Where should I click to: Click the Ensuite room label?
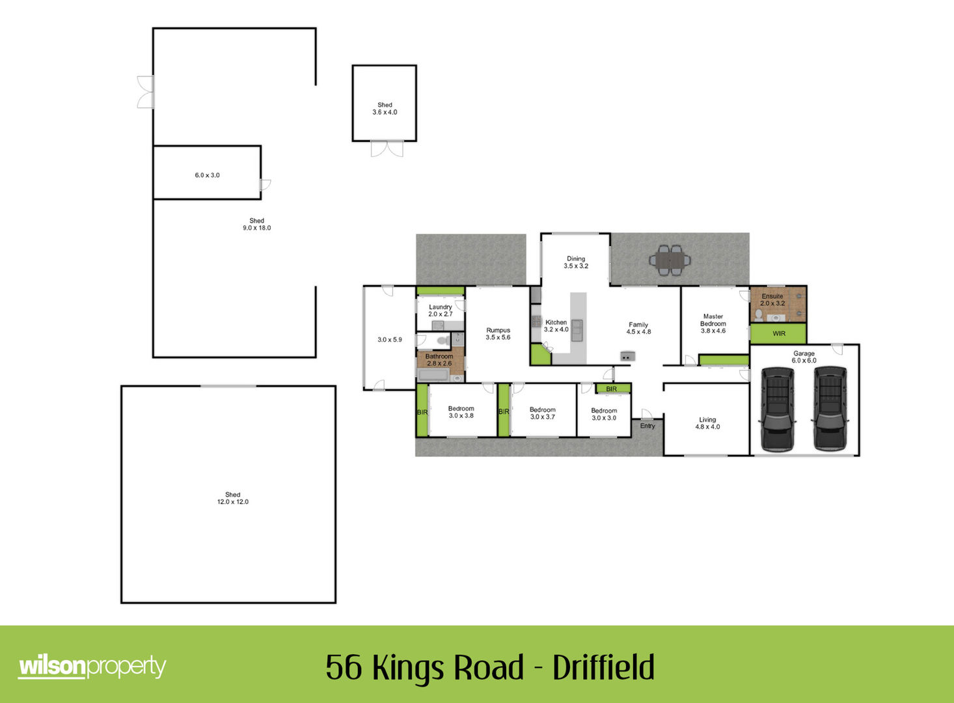(772, 299)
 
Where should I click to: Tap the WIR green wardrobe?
(778, 334)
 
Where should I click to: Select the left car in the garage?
(777, 409)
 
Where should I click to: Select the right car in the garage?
(830, 409)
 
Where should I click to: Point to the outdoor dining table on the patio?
(670, 260)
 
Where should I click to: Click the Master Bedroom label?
(713, 324)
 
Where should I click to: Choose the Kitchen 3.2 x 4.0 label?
(556, 326)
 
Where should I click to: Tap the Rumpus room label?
(498, 334)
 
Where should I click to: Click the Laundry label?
(441, 310)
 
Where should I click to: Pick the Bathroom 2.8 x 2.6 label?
(439, 359)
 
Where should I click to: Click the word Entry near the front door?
(647, 426)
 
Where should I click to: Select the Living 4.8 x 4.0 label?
(707, 423)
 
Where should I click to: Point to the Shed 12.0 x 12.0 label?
(232, 498)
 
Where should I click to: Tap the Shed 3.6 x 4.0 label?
(385, 108)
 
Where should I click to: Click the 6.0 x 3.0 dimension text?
(207, 175)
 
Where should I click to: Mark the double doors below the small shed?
(387, 148)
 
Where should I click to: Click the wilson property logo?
(92, 667)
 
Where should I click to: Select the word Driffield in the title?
(603, 667)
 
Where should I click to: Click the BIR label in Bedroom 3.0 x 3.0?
(611, 389)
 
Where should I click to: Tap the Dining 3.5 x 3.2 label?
(576, 262)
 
